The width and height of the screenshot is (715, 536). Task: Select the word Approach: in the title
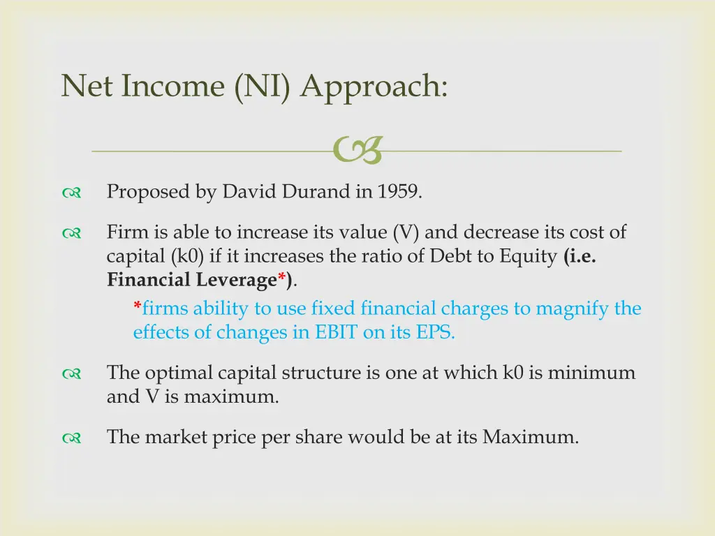tap(374, 87)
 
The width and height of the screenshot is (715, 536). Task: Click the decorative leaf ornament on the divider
tap(357, 151)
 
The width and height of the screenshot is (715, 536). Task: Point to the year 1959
tap(399, 192)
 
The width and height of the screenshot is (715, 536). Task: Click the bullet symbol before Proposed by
tap(72, 193)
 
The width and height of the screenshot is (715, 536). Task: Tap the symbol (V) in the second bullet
tap(405, 232)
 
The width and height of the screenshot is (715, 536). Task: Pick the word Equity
tap(529, 256)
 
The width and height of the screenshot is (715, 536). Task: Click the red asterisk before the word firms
tap(137, 307)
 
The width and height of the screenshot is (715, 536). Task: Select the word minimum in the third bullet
tap(591, 373)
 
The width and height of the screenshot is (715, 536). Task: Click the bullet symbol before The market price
tap(72, 439)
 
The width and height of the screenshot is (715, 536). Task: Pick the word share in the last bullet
tap(318, 438)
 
